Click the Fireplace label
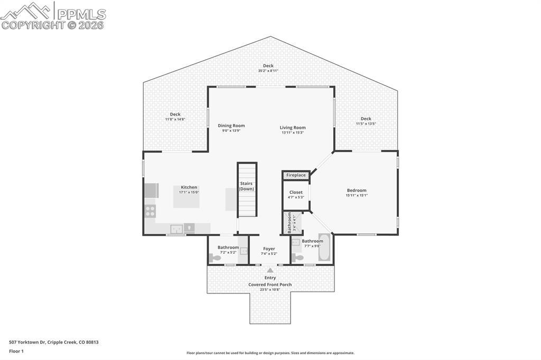click(x=296, y=175)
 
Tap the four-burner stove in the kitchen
click(x=150, y=211)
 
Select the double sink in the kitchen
click(x=176, y=229)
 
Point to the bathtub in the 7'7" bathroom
click(x=324, y=248)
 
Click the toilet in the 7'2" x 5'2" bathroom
click(x=214, y=258)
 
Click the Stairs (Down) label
click(x=246, y=186)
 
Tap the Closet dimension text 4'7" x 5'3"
click(x=296, y=197)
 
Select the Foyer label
click(x=269, y=248)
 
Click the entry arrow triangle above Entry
click(x=270, y=270)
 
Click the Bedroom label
click(x=357, y=191)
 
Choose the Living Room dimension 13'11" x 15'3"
click(x=293, y=132)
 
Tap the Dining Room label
click(x=231, y=126)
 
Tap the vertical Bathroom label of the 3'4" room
click(x=290, y=223)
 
